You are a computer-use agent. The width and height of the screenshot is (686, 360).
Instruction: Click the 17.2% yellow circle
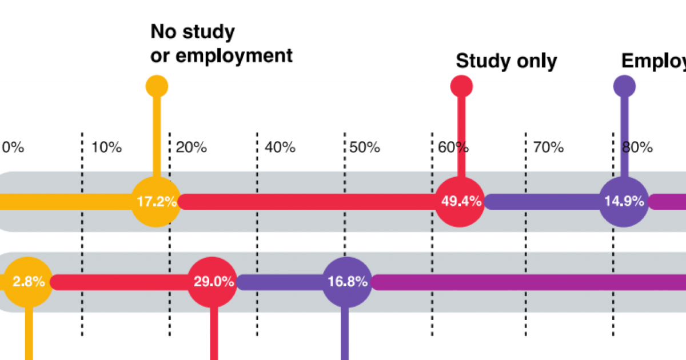click(155, 202)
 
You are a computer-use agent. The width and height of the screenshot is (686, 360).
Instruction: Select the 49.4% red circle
click(461, 202)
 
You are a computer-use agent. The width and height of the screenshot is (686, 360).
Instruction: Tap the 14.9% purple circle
click(624, 202)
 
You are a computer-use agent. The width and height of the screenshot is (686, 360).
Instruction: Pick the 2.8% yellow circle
click(29, 282)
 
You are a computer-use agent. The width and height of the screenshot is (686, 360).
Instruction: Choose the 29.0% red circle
click(213, 282)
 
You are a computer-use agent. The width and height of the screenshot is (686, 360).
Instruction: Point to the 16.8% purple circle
click(347, 282)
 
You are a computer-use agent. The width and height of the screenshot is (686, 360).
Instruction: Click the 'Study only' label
click(506, 61)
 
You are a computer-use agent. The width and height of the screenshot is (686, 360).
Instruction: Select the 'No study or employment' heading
click(221, 43)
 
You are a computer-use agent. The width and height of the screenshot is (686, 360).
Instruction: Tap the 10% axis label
click(106, 147)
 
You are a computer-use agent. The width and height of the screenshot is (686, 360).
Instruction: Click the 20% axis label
click(191, 147)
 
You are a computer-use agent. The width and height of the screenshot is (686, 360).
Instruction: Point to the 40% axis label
click(280, 147)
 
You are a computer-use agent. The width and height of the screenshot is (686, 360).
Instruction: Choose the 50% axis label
click(365, 147)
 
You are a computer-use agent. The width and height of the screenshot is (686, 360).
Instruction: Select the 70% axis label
click(548, 147)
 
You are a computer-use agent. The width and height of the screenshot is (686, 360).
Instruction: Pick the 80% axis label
click(637, 147)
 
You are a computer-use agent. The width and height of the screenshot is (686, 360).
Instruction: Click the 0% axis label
click(13, 147)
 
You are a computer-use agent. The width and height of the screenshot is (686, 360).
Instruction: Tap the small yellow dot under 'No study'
click(157, 87)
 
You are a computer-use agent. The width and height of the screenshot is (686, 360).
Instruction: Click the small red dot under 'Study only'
click(461, 87)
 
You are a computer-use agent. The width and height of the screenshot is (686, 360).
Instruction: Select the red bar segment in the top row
click(309, 202)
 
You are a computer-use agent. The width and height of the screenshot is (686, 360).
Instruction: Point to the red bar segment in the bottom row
click(120, 282)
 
